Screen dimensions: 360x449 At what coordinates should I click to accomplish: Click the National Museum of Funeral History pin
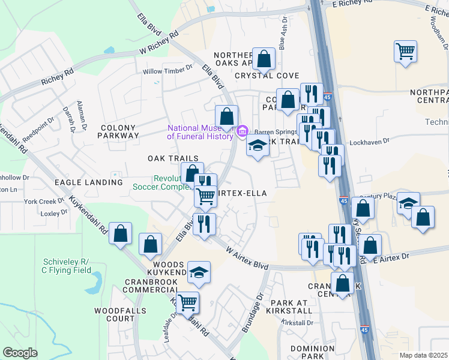(x=243, y=130)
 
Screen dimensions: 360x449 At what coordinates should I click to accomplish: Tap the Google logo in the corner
(x=20, y=353)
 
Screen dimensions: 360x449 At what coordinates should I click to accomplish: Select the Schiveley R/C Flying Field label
(x=66, y=266)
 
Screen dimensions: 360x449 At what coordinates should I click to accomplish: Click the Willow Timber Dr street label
(x=167, y=71)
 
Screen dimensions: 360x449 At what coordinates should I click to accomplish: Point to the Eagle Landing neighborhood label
(x=89, y=182)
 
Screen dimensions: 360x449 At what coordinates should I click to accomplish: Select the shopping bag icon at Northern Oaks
(x=264, y=59)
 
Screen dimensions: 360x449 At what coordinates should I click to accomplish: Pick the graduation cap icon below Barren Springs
(x=258, y=146)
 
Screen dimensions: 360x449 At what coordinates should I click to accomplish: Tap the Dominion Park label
(x=312, y=352)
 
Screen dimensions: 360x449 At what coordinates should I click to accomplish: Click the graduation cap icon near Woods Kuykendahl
(x=199, y=272)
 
